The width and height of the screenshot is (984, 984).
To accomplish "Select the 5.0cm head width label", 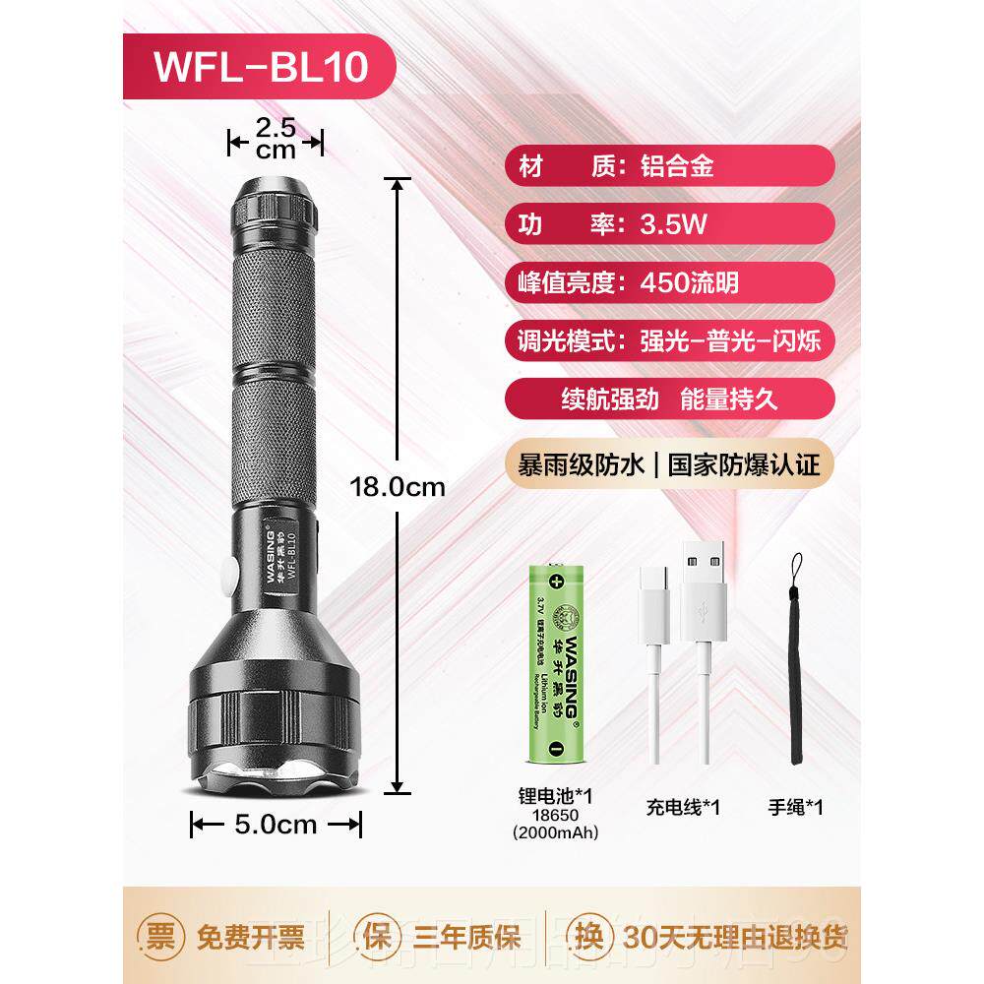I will (277, 826).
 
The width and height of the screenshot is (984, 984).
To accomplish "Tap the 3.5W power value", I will (674, 224).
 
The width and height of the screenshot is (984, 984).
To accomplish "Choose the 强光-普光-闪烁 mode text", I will (729, 342).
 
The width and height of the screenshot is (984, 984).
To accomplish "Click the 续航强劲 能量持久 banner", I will (668, 401).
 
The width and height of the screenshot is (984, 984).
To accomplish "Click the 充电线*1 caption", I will (684, 808).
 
